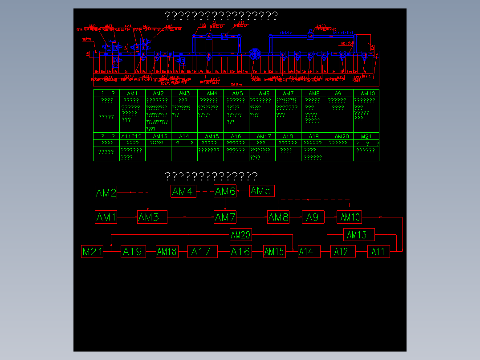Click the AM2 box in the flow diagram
tap(106, 193)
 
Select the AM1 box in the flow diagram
tap(106, 217)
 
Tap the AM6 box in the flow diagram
tap(225, 192)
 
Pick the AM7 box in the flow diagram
tap(225, 217)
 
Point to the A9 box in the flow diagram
tap(313, 217)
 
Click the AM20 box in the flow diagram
tap(240, 234)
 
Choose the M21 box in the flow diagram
tap(93, 252)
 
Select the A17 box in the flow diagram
tap(202, 252)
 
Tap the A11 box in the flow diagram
tap(378, 252)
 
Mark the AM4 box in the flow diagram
tap(183, 192)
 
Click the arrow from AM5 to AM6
tap(243, 192)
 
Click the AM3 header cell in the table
tap(184, 94)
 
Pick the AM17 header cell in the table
tap(264, 136)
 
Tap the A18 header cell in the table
tap(288, 136)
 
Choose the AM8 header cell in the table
tap(314, 94)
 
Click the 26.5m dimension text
tap(236, 84)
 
